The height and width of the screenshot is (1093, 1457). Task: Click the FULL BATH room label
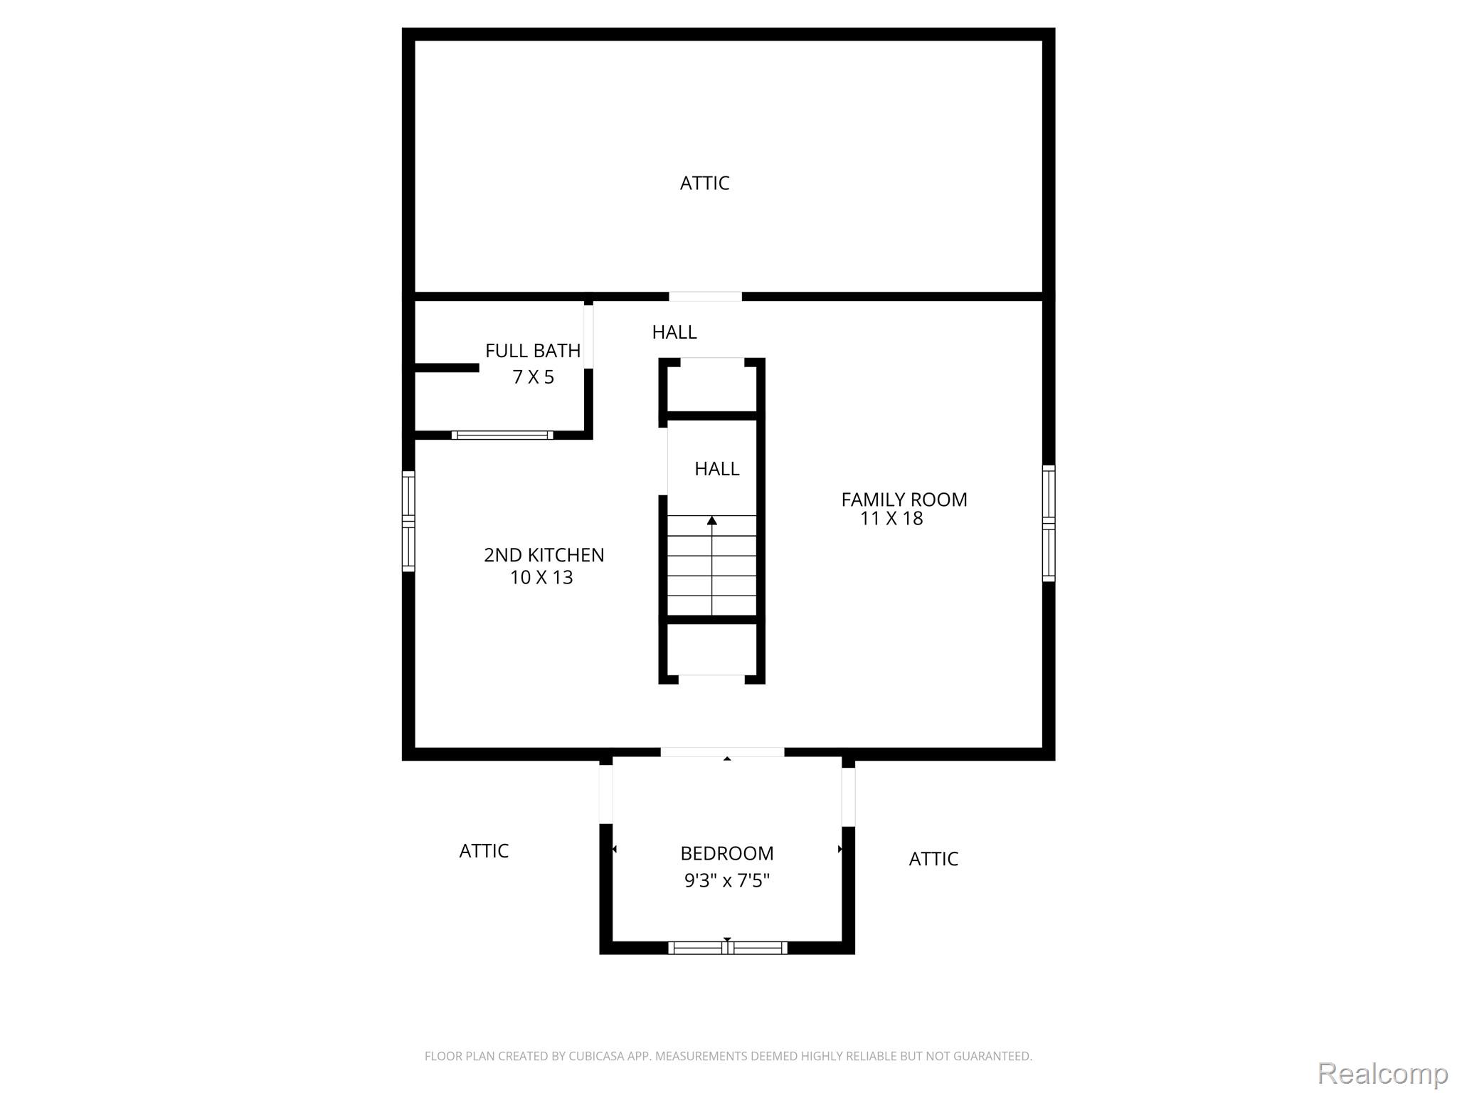point(533,351)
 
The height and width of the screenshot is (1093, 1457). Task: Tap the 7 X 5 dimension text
point(533,377)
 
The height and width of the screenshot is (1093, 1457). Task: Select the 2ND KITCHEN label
point(544,555)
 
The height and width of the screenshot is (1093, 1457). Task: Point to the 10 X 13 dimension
point(541,577)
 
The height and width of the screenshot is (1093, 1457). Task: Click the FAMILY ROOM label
point(904,500)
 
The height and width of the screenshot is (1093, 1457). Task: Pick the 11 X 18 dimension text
point(891,518)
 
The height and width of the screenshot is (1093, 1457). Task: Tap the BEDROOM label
point(727,853)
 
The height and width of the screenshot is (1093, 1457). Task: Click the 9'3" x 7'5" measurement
point(727,881)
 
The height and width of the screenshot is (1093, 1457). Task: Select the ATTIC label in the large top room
point(704,184)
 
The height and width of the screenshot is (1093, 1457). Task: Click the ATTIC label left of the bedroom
point(484,851)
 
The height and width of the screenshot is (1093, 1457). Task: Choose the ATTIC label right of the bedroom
point(933,859)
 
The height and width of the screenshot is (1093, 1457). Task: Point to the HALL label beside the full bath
point(674,332)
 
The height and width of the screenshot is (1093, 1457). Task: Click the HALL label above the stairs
point(717,469)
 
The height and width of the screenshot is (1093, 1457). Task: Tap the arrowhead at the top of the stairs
point(712,521)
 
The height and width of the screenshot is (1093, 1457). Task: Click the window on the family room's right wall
point(1049,523)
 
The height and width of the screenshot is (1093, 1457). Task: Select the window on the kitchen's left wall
point(408,521)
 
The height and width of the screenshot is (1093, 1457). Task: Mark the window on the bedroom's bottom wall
point(727,947)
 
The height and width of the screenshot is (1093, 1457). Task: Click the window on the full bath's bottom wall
point(502,435)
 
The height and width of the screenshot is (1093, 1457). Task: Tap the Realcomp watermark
point(1382,1074)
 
